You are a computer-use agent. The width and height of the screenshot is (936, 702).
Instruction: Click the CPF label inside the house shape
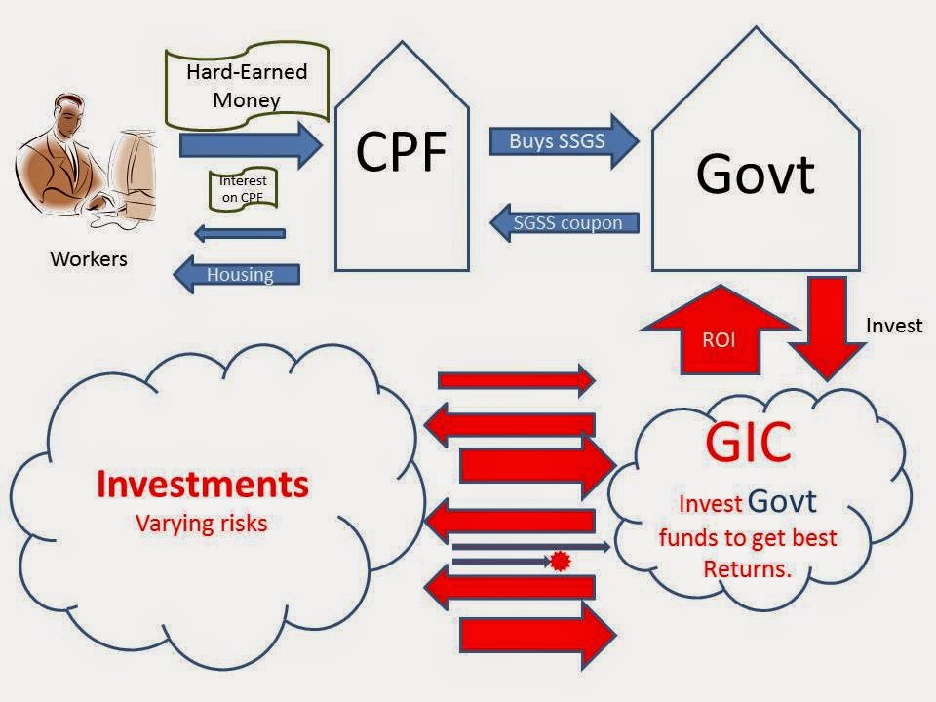pos(402,151)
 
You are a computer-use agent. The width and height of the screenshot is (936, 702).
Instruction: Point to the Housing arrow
pos(235,275)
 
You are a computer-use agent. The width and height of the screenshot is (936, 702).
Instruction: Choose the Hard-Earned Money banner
pos(247,85)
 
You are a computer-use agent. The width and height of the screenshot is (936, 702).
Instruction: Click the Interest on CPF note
pos(243,189)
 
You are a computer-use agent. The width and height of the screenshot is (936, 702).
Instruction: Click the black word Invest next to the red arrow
pos(893,326)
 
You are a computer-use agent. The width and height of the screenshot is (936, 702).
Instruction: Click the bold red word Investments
pos(202,485)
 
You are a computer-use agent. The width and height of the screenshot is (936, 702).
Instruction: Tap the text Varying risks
pos(201,524)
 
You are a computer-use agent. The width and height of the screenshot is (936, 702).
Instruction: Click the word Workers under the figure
pos(89,259)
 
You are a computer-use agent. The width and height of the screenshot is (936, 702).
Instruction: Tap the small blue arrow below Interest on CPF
pos(239,233)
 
